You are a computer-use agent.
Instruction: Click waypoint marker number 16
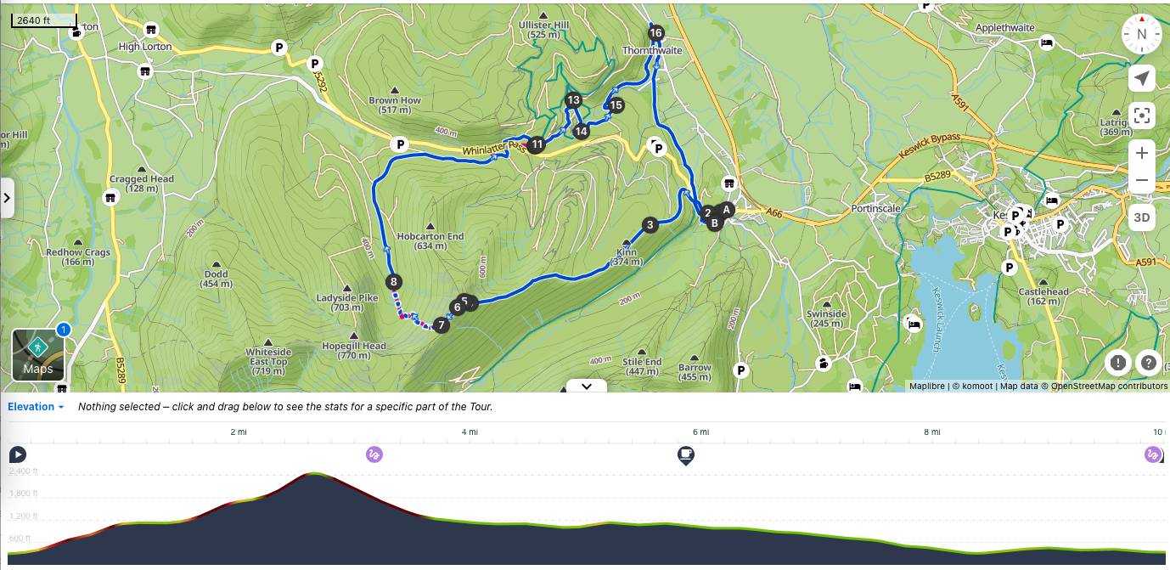click(x=655, y=33)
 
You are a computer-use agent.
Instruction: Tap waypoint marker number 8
click(x=392, y=281)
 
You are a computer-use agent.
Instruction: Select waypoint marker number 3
click(x=650, y=225)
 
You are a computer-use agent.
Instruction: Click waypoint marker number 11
click(x=537, y=144)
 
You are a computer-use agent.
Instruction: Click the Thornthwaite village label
click(x=652, y=51)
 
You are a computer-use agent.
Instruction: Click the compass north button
click(x=1142, y=35)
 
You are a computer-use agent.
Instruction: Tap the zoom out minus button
click(x=1142, y=180)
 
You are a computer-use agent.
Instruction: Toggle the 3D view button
click(x=1142, y=217)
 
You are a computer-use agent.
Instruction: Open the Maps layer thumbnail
click(x=38, y=355)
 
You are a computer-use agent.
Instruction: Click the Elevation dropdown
click(x=37, y=407)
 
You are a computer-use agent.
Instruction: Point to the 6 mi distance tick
click(x=700, y=432)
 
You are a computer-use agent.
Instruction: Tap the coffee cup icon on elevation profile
click(x=685, y=455)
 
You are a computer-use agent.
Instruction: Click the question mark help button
click(x=1148, y=363)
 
